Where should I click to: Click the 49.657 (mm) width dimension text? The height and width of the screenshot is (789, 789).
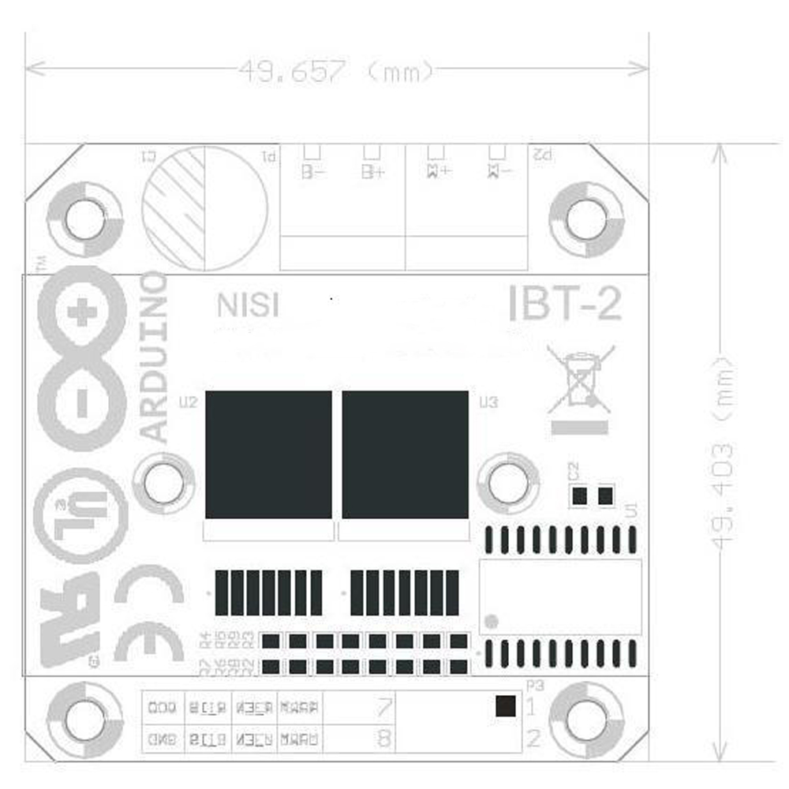pos(336,72)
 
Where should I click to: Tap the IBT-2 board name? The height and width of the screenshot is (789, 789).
pos(565,303)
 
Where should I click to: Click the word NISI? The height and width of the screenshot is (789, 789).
pos(248,305)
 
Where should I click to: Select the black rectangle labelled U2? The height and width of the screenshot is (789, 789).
pos(268,454)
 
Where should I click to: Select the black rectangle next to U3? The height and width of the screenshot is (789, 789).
pos(405,454)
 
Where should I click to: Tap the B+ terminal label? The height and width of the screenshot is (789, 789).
pos(372,170)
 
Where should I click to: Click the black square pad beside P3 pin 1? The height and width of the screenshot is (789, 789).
pos(506,706)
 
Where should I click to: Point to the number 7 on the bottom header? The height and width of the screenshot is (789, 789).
pos(384,708)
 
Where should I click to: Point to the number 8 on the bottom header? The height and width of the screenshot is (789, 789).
pos(384,739)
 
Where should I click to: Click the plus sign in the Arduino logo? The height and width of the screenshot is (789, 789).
pos(81,314)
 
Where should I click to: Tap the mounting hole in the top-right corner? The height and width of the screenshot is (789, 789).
pos(586,219)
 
